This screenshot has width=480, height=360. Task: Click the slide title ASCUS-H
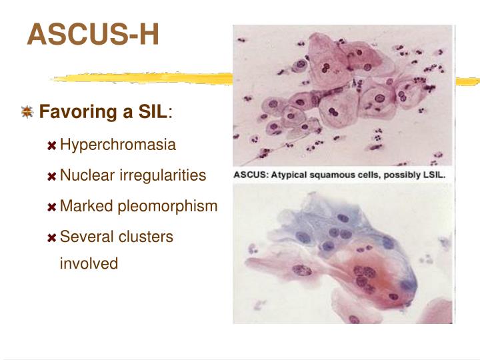pos(93,34)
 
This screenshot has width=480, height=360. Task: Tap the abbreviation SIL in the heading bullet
pos(154,111)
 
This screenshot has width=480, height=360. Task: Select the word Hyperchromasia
pos(118,145)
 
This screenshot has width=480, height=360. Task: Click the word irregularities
pos(163,175)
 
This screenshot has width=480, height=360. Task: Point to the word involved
pos(89,263)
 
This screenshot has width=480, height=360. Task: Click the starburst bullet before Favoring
pos(27,112)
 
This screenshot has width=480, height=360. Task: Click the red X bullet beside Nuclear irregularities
pos(51,177)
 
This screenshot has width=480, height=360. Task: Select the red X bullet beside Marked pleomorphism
pos(51,207)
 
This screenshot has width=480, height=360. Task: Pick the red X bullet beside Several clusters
pos(51,238)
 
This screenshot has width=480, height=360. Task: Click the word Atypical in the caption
pos(288,175)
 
